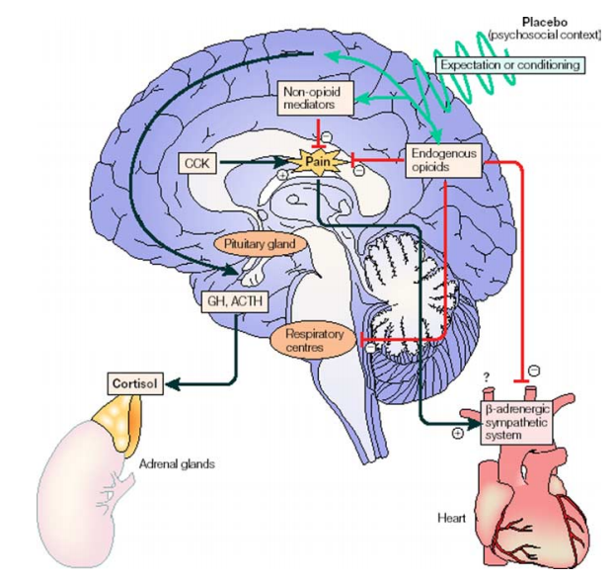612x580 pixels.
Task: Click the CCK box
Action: click(x=197, y=163)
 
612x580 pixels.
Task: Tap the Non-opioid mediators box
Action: click(x=315, y=98)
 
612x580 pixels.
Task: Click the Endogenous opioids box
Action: click(x=443, y=160)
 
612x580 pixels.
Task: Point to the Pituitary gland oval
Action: click(x=260, y=244)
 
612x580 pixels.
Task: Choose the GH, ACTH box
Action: click(x=235, y=301)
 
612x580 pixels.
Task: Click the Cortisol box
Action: click(x=135, y=383)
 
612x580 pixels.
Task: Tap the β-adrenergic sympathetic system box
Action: click(x=517, y=422)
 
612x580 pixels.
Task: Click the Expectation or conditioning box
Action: click(x=510, y=65)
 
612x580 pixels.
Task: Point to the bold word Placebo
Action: click(x=545, y=23)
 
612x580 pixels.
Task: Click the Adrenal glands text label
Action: click(x=177, y=464)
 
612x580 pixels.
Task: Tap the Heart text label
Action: click(x=451, y=519)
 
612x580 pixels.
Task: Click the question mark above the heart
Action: click(x=486, y=376)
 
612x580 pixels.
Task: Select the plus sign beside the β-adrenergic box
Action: click(x=457, y=433)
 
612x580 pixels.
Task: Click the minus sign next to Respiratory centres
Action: click(x=371, y=347)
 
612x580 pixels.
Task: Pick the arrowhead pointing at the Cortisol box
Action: click(x=173, y=384)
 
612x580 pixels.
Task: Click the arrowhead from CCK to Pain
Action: click(x=281, y=162)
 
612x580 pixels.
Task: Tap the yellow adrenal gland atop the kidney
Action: click(x=117, y=423)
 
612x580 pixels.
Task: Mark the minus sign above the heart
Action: click(x=534, y=371)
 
